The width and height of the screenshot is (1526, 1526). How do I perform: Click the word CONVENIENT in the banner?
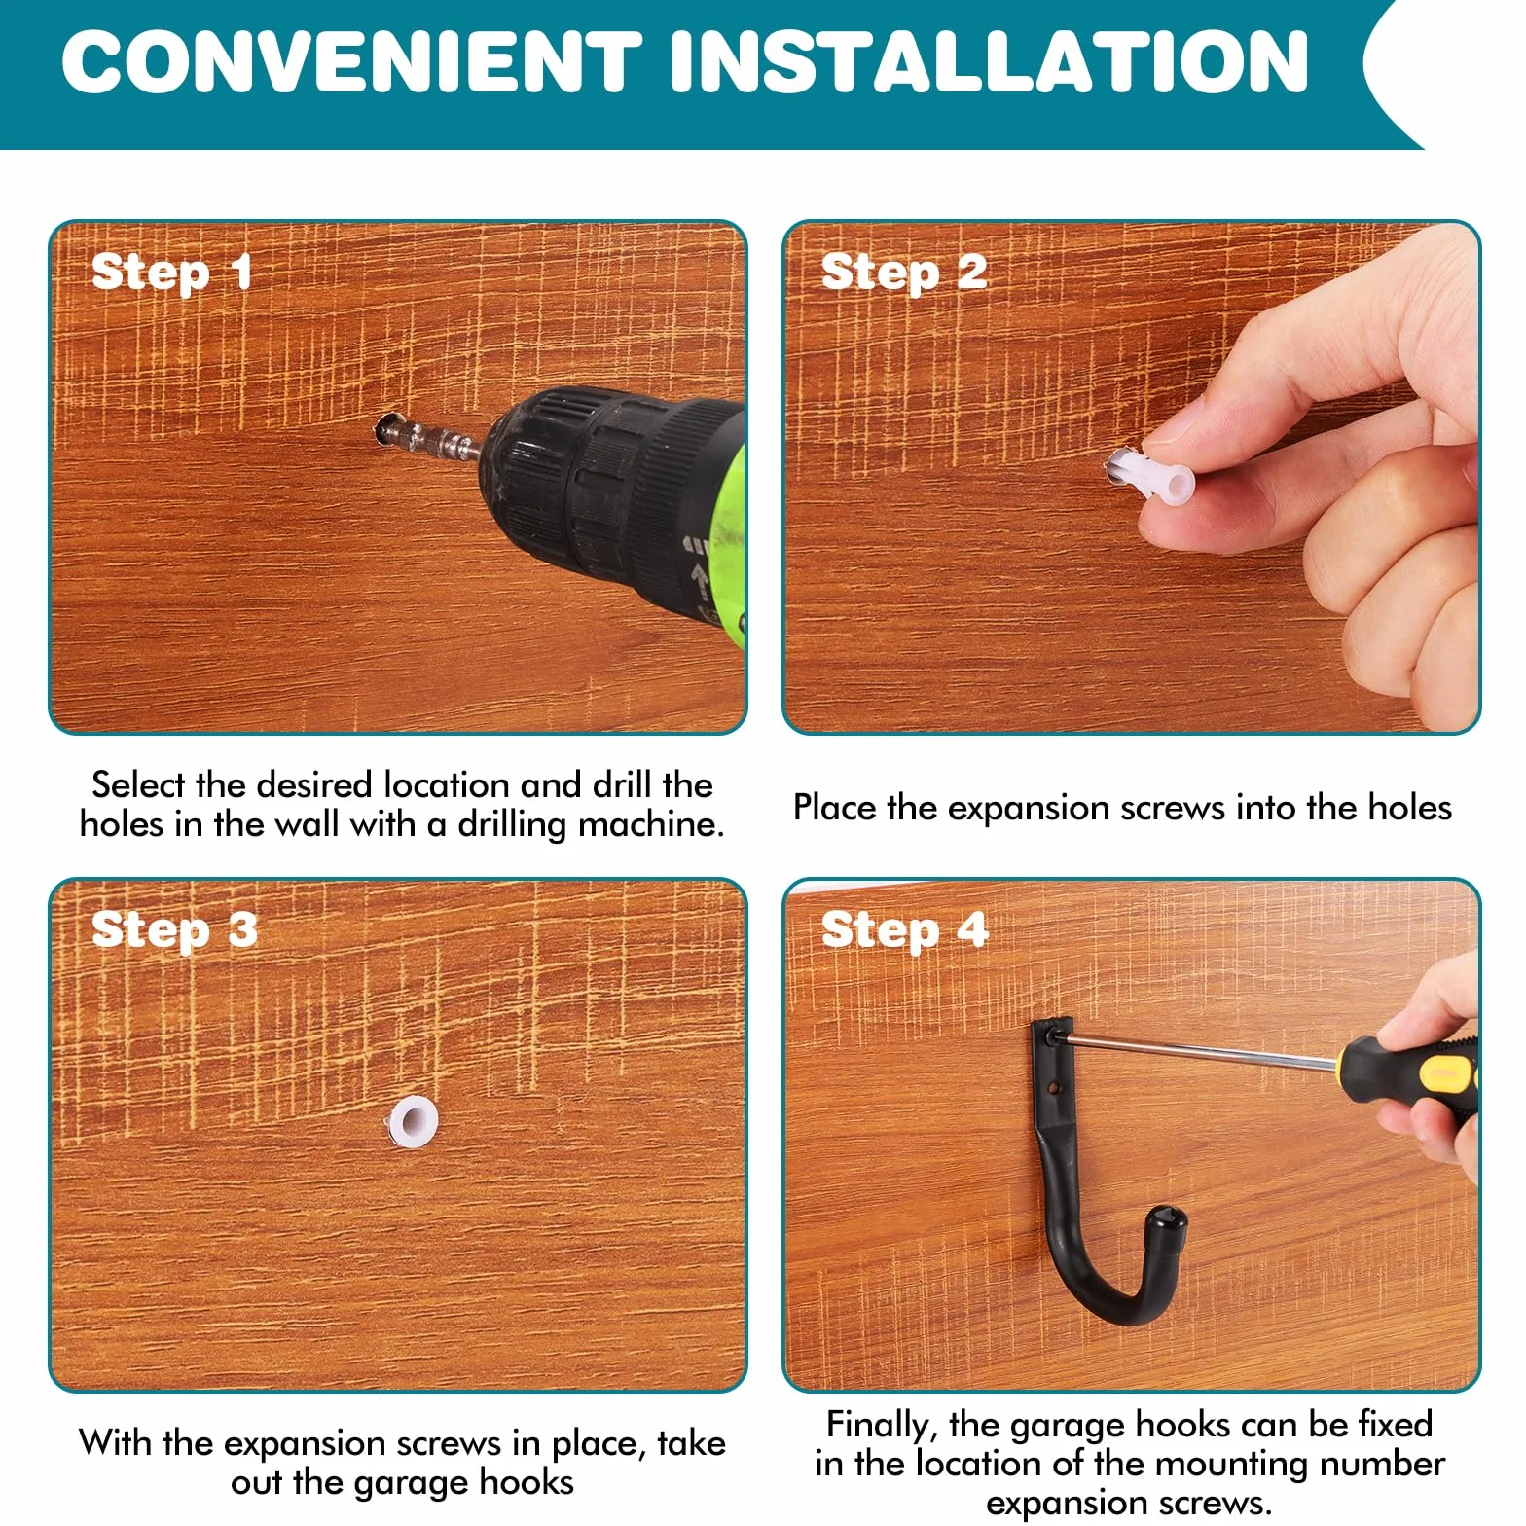pos(351,61)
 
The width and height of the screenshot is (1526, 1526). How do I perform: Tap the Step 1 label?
pos(172,272)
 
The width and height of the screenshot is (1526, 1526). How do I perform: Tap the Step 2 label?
pos(904,272)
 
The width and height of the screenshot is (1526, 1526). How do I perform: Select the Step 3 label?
pos(175,930)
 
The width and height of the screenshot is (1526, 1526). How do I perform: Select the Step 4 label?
pos(905,930)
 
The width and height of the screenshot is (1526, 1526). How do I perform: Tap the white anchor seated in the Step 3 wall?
pos(412,1119)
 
